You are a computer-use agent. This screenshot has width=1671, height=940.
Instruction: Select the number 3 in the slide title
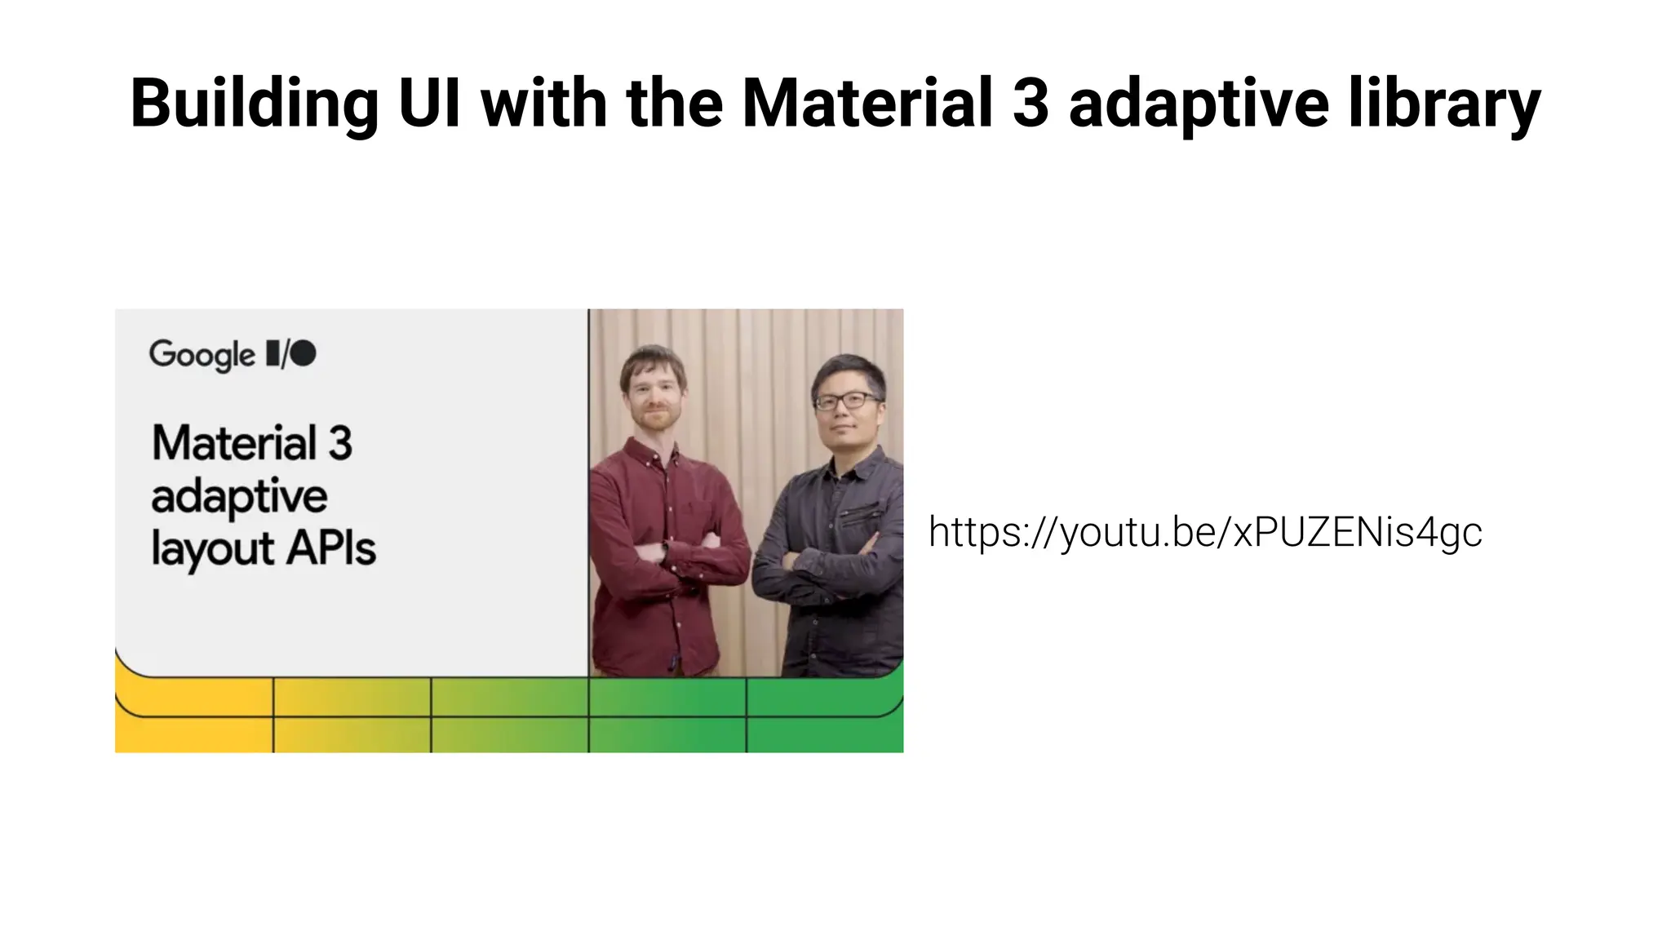tap(1030, 104)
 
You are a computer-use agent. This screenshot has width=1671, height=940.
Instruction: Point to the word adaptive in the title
tap(1199, 104)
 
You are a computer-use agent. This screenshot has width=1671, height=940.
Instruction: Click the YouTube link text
tap(1205, 532)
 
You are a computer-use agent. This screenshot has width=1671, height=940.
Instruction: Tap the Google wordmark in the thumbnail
tap(202, 355)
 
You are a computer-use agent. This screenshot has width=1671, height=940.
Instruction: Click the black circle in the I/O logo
tap(304, 353)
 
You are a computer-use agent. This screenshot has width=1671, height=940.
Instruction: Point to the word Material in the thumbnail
tap(234, 443)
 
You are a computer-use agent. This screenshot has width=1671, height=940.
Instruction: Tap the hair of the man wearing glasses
tap(849, 372)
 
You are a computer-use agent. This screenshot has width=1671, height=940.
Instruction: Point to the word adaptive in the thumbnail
tap(239, 496)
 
